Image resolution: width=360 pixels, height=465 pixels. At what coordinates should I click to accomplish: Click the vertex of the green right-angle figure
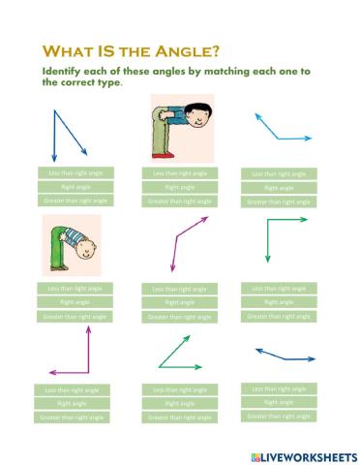265,221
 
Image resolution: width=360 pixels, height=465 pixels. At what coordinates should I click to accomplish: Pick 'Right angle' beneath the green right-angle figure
279,302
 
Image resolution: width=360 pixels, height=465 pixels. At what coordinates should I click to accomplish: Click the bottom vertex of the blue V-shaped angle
55,160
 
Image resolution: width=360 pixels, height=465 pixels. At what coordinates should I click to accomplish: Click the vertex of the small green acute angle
159,366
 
